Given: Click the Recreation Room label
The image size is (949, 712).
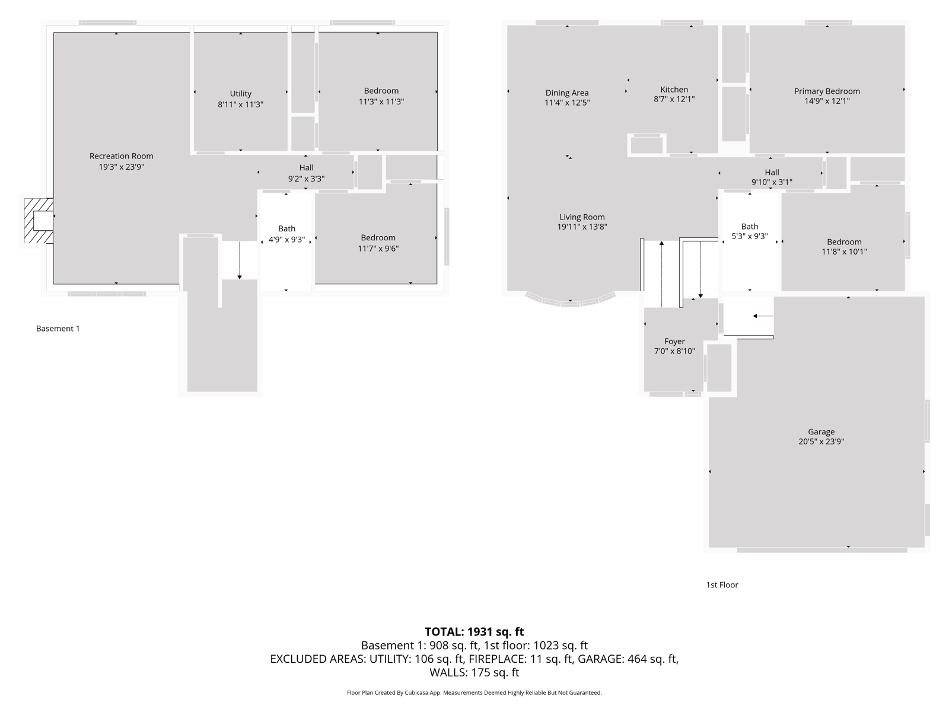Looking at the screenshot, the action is pyautogui.click(x=121, y=156).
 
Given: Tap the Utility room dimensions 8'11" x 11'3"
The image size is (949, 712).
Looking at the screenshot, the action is pyautogui.click(x=240, y=104).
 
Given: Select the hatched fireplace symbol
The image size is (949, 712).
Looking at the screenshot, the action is pyautogui.click(x=39, y=221).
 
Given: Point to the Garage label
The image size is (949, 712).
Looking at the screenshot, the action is pyautogui.click(x=821, y=431).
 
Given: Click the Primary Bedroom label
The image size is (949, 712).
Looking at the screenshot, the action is pyautogui.click(x=827, y=91).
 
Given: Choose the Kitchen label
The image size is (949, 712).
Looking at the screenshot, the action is pyautogui.click(x=674, y=90).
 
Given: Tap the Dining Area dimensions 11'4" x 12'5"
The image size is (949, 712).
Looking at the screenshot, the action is pyautogui.click(x=567, y=103).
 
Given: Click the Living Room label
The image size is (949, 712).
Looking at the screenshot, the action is pyautogui.click(x=582, y=217).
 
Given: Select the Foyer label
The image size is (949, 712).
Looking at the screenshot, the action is pyautogui.click(x=674, y=342).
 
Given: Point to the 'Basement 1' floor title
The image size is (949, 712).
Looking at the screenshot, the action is pyautogui.click(x=58, y=329).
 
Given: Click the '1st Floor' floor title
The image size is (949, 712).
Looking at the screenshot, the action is pyautogui.click(x=722, y=585).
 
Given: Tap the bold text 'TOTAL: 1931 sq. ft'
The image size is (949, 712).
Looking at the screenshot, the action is pyautogui.click(x=474, y=631).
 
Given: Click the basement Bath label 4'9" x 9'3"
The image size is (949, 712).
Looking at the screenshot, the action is pyautogui.click(x=286, y=234).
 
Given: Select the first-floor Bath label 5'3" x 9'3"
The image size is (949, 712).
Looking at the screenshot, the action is pyautogui.click(x=749, y=231).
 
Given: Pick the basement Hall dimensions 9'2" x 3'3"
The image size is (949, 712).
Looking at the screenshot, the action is pyautogui.click(x=306, y=179).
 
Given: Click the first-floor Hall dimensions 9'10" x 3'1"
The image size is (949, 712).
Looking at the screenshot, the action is pyautogui.click(x=772, y=182).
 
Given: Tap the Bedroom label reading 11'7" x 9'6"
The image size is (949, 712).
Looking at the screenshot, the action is pyautogui.click(x=378, y=243).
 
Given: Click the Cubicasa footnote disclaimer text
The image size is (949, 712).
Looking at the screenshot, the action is pyautogui.click(x=474, y=692).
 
